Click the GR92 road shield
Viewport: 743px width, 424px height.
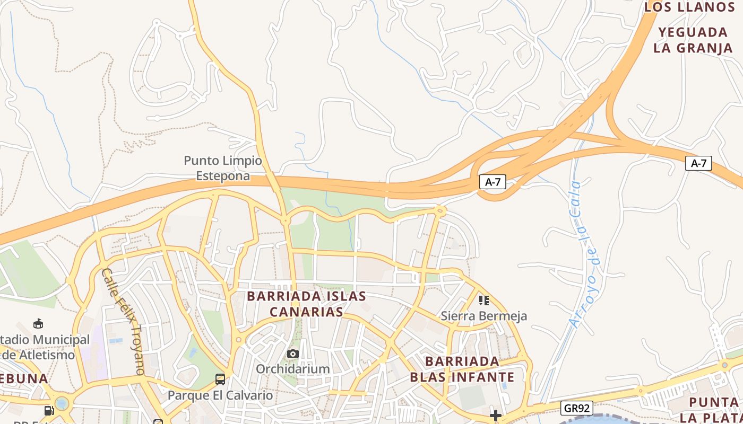(576, 408)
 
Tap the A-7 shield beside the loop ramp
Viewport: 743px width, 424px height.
(493, 182)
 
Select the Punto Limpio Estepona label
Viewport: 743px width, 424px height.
(223, 168)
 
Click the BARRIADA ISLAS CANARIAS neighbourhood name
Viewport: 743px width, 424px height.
(307, 304)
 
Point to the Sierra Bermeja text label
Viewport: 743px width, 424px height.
(484, 316)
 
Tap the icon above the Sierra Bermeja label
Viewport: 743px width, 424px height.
(483, 301)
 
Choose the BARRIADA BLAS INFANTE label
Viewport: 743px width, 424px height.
(462, 369)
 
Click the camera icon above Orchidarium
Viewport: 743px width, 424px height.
(292, 354)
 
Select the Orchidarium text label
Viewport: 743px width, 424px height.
(293, 368)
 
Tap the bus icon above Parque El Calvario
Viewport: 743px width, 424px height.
(220, 379)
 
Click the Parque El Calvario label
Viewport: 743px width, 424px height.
(220, 395)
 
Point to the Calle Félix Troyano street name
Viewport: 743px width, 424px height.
(123, 322)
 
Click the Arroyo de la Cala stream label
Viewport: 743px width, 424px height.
(583, 254)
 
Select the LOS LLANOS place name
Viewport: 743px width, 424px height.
(689, 7)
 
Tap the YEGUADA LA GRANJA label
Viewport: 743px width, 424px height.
(693, 40)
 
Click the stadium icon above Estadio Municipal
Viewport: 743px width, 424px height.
(38, 323)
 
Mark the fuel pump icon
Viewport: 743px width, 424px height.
(49, 410)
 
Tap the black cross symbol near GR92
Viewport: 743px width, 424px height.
(496, 416)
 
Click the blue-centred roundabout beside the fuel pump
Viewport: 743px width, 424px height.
(62, 403)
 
